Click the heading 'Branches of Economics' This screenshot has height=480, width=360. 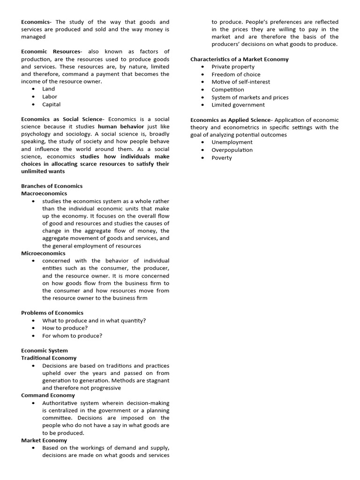pos(52,186)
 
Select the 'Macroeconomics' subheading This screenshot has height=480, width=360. pos(44,194)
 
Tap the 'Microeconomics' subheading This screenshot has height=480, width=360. pos(43,254)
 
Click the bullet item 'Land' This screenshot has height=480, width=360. pos(48,89)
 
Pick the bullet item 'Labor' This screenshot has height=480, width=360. pos(50,97)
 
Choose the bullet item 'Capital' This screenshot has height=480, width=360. pos(51,105)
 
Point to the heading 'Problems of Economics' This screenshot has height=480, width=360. pos(52,313)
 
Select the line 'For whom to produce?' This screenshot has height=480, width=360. pos(72,336)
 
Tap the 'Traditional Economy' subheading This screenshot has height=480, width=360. pos(49,358)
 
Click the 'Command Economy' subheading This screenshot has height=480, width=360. pos(48,396)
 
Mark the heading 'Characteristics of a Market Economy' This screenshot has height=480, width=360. pos(239,60)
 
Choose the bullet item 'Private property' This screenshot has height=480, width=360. pos(233,67)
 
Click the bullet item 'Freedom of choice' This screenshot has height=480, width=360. pos(236,75)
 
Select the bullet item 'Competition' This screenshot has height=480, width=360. pos(227,90)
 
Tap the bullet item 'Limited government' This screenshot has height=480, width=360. pos(238,105)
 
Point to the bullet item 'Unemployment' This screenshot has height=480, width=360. pos(232,142)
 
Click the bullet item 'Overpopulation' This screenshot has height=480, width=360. pos(232,150)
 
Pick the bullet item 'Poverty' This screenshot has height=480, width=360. pos(221,158)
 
